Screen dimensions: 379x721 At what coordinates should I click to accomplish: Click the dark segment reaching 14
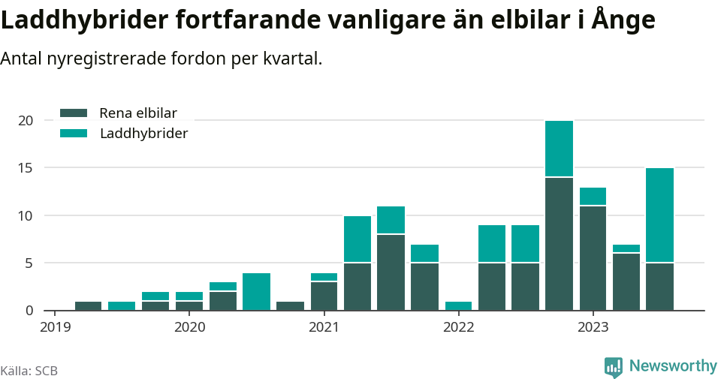(560, 243)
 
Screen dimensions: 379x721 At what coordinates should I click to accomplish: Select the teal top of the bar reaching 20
(560, 149)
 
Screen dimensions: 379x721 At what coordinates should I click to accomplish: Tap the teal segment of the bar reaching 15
(659, 215)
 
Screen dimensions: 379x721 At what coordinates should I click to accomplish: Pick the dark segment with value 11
(593, 257)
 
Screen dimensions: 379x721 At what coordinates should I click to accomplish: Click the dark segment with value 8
(391, 272)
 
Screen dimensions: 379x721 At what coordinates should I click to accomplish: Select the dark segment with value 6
(626, 281)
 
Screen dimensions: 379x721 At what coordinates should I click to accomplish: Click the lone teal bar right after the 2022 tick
(458, 305)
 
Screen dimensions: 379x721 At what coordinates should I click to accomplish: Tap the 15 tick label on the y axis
(26, 168)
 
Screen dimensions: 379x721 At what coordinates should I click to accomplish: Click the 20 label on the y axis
(26, 121)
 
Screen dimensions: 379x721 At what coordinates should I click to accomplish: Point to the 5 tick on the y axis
(29, 263)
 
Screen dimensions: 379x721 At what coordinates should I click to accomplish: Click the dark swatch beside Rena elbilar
(74, 113)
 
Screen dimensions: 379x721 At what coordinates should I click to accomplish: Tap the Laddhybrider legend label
(143, 134)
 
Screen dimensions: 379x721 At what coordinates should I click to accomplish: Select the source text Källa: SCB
(29, 371)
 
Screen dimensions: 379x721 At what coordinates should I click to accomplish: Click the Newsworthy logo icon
(614, 366)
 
